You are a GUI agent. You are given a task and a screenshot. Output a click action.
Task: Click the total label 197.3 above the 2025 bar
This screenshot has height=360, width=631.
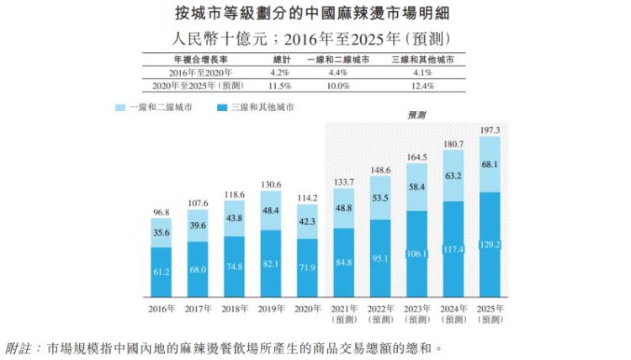tap(490, 130)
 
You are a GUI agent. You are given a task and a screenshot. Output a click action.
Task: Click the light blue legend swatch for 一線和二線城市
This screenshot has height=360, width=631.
tap(119, 109)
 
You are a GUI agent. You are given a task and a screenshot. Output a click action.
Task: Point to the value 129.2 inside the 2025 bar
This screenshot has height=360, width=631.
tap(490, 244)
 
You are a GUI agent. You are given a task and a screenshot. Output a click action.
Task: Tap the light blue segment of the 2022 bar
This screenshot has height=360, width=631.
tap(380, 199)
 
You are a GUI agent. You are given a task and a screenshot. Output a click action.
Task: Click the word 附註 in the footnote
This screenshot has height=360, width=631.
tap(18, 347)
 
